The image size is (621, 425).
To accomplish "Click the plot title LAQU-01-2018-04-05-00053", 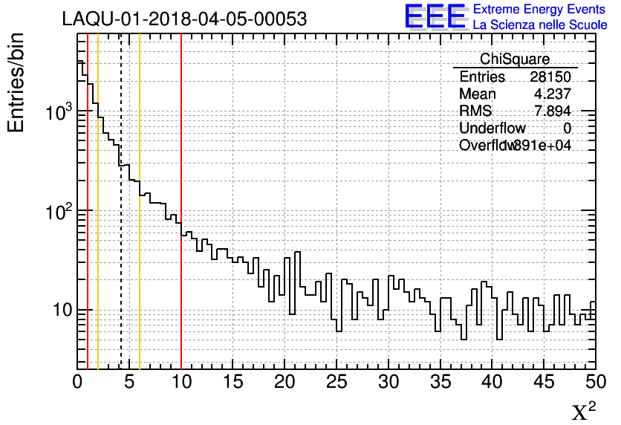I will tap(184, 19).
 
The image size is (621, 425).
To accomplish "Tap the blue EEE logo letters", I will tap(435, 16).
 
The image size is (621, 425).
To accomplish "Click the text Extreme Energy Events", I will tap(540, 10).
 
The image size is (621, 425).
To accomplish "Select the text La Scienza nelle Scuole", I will tap(540, 25).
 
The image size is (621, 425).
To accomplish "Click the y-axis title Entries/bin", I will tap(16, 82).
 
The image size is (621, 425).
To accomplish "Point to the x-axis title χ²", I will tap(585, 412).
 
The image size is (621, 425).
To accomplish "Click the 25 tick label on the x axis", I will tap(336, 383).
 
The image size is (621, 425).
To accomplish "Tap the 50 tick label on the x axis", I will tap(596, 383).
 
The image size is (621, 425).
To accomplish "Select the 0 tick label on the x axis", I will tap(77, 383).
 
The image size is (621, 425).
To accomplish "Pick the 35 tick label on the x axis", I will tap(440, 383).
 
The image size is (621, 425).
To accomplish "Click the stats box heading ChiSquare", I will tap(515, 59).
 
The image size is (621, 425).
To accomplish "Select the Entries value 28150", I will tap(550, 77).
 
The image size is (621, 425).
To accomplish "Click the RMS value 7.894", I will tap(555, 111).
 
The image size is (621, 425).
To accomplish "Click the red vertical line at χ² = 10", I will tap(181, 297).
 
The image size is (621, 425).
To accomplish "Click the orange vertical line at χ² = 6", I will tap(140, 297).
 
